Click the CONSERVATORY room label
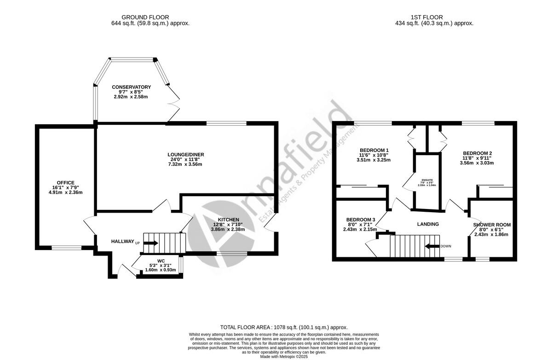(x=131, y=87)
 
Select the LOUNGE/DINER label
(x=186, y=155)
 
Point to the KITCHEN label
(x=229, y=220)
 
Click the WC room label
(x=161, y=261)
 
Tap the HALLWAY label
(x=122, y=242)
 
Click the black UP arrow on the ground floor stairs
(x=151, y=243)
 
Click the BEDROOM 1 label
(x=374, y=151)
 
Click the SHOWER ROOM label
(x=492, y=225)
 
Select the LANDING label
(x=428, y=224)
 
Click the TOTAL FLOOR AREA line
(x=284, y=327)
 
